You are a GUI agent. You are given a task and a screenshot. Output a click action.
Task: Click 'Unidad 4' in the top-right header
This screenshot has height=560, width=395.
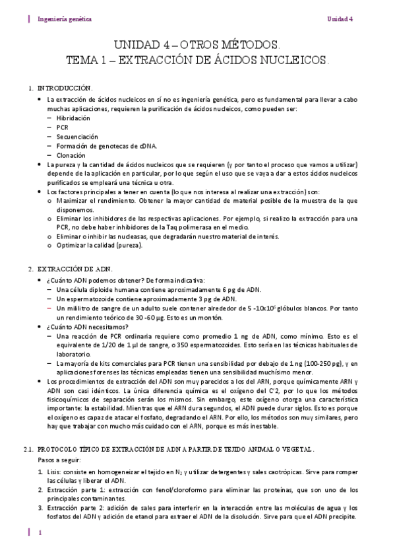tap(342, 19)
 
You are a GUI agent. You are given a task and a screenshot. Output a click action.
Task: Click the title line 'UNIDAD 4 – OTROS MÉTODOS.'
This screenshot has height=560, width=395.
tap(197, 46)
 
